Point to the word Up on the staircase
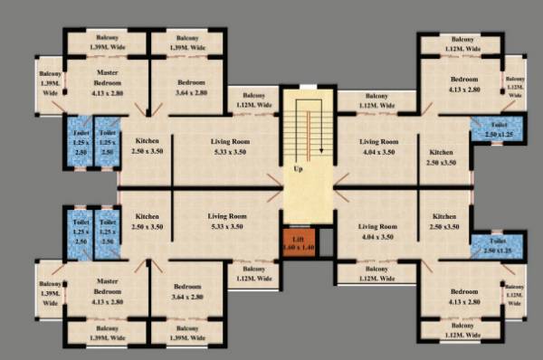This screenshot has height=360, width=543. (297, 169)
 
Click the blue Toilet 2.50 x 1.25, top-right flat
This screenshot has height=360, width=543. (499, 129)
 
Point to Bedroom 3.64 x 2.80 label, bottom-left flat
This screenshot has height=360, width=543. (190, 292)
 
